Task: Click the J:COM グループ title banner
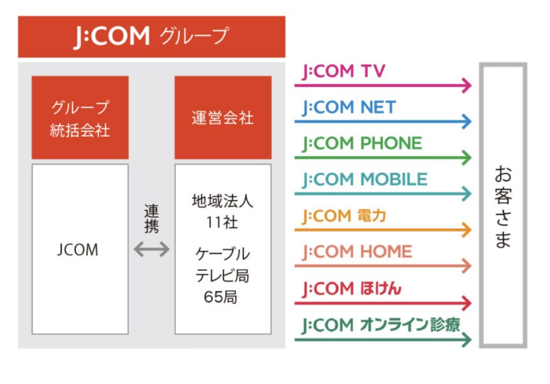(151, 36)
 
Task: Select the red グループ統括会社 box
(80, 118)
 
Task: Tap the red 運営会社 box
(223, 118)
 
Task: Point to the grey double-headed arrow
(151, 249)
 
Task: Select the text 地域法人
(222, 202)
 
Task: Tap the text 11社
(222, 222)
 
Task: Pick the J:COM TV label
(344, 72)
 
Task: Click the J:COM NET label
(349, 108)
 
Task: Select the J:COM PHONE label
(362, 144)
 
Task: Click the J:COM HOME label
(357, 252)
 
